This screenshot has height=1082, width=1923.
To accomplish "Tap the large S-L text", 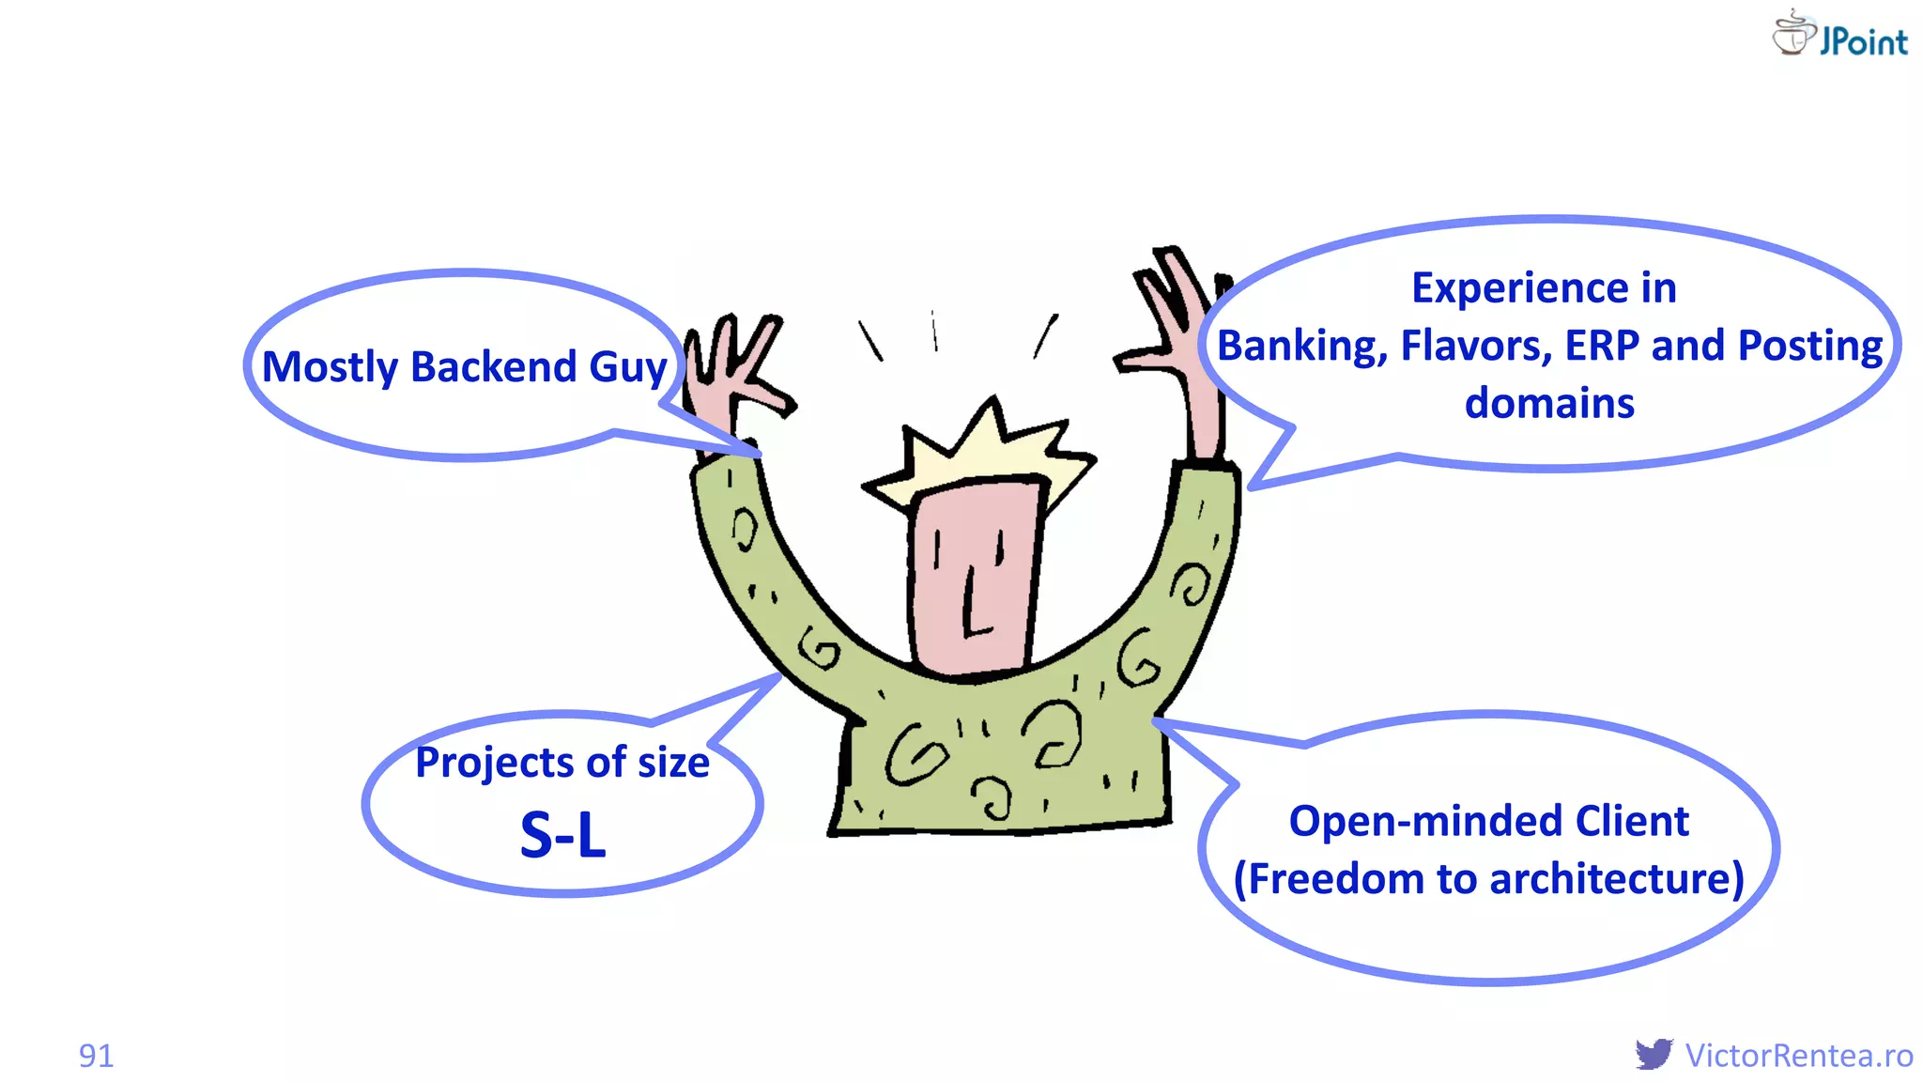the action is [x=563, y=835].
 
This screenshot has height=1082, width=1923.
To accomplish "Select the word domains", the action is [x=1549, y=404].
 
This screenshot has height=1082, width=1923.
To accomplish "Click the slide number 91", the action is [x=96, y=1056].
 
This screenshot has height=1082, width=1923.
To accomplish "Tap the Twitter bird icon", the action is [x=1654, y=1054].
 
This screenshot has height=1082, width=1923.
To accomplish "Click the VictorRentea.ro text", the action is [x=1799, y=1056].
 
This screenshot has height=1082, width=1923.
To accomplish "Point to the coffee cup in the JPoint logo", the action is [x=1792, y=34].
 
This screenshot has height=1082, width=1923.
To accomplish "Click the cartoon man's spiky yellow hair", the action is [x=977, y=451].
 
